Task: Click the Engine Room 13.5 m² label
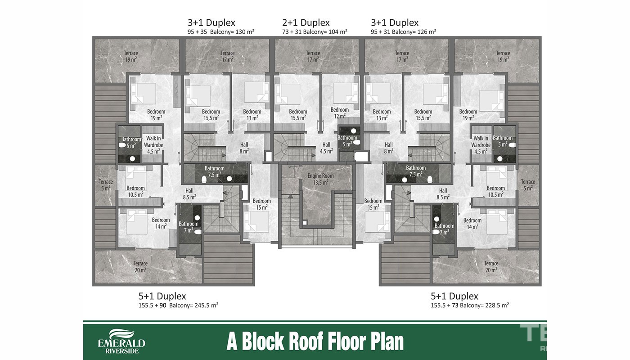click(x=320, y=179)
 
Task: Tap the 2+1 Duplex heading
click(x=306, y=22)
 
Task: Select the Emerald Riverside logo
click(x=122, y=342)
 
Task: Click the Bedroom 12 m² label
click(x=339, y=113)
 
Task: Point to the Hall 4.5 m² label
click(x=326, y=148)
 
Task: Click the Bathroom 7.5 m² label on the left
click(x=214, y=171)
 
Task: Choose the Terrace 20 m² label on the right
click(x=491, y=266)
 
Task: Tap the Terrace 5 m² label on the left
click(x=106, y=185)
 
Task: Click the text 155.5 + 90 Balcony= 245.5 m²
click(x=178, y=305)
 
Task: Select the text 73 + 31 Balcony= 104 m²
click(x=315, y=31)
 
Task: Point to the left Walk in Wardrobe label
click(x=153, y=145)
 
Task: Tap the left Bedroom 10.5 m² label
click(x=135, y=191)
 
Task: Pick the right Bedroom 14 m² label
click(x=472, y=223)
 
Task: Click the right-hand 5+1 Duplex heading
click(x=454, y=296)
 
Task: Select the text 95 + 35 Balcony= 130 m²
click(x=221, y=31)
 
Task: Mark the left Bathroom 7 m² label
click(x=189, y=227)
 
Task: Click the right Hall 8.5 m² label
click(x=443, y=194)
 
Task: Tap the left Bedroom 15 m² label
click(x=261, y=204)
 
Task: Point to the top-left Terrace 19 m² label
click(x=131, y=56)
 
